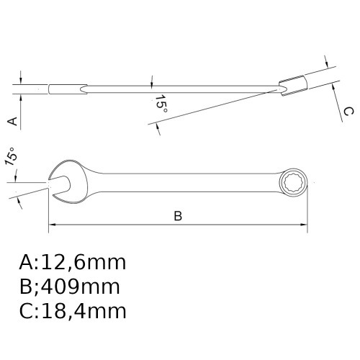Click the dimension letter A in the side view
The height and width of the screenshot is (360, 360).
[x=12, y=120]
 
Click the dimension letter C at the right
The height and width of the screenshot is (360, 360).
[x=346, y=111]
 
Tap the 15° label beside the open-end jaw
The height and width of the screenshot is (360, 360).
[x=11, y=157]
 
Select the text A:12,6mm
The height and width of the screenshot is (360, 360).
[x=72, y=262]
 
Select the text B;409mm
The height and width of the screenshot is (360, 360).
[x=69, y=287]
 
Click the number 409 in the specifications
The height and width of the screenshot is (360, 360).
[x=63, y=287]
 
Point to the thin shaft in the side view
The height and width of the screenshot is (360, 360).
[x=180, y=89]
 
